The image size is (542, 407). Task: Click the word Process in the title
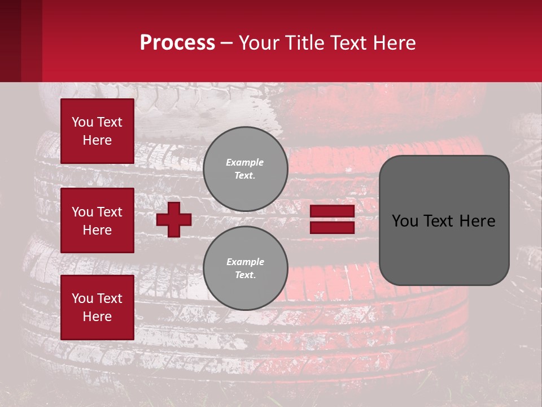177,43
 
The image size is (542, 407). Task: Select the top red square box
97,131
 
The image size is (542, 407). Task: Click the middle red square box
97,220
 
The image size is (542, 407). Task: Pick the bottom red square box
97,308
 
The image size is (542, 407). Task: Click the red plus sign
174,219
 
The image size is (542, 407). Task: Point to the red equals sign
332,219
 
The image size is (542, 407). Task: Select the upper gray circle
246,169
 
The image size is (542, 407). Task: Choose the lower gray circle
246,269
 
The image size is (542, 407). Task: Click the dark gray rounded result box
444,220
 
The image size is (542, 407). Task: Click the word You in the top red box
82,122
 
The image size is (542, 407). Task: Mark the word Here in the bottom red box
97,317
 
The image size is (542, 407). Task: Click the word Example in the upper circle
245,162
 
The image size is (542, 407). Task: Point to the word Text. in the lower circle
245,275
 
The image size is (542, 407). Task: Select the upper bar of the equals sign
332,211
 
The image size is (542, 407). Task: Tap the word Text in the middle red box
110,212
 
